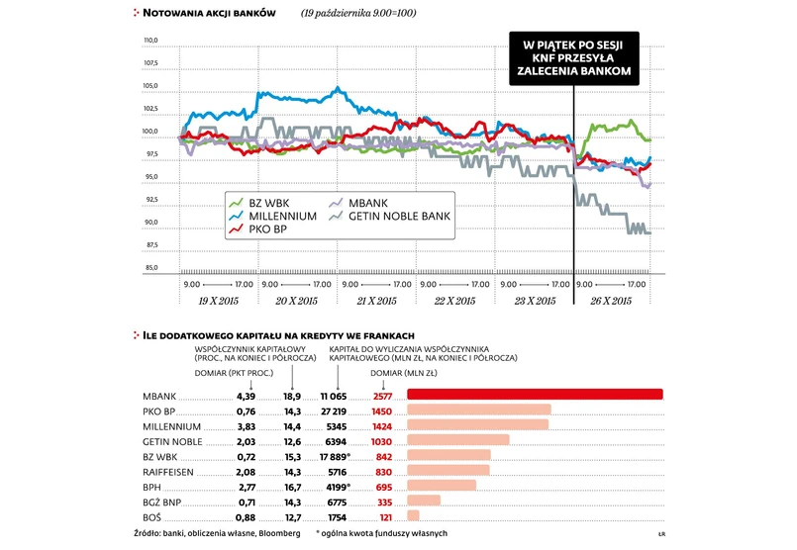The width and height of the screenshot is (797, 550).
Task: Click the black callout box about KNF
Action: [573, 57]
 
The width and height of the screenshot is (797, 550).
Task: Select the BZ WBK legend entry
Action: [258, 202]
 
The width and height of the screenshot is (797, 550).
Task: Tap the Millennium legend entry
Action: [271, 215]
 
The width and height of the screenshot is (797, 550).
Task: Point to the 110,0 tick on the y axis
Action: [151, 41]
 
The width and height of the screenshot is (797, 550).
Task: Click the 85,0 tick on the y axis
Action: [151, 268]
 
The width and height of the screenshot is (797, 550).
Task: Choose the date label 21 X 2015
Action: [375, 300]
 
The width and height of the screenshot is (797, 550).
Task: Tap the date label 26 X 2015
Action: [613, 300]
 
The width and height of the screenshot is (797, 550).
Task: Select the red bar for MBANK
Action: [535, 395]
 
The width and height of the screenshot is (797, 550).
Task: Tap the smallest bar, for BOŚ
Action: [414, 515]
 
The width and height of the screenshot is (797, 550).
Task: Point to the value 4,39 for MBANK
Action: [246, 395]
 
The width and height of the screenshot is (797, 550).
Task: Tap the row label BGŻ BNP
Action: [161, 501]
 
